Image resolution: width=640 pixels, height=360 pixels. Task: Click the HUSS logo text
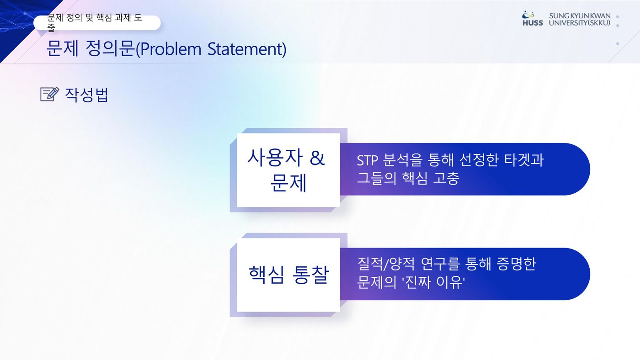coord(533,23)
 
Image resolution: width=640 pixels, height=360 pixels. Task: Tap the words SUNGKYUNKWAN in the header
coord(580,16)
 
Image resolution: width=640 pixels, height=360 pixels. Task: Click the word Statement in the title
coord(246,49)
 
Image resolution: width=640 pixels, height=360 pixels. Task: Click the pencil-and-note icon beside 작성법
coord(50,94)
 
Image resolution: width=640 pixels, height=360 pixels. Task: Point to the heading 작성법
coord(86,95)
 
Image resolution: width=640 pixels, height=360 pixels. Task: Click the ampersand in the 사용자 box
coord(317,158)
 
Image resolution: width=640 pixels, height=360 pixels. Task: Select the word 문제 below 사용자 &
coord(288,183)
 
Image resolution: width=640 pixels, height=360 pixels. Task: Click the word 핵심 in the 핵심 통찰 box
coord(266,275)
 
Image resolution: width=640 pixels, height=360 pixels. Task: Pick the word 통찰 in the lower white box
coord(310,275)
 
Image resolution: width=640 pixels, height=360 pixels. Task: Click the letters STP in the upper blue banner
coord(368,160)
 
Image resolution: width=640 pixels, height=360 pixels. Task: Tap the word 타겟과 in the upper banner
coord(523,160)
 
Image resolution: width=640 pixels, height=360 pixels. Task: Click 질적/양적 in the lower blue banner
coord(386,264)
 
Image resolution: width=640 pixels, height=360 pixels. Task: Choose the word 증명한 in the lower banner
coord(516,264)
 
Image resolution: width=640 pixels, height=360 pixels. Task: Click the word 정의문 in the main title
coord(110,48)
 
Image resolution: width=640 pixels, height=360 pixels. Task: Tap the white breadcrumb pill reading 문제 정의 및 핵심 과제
coord(97,22)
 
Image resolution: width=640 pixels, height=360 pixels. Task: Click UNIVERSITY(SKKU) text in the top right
coord(580,23)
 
